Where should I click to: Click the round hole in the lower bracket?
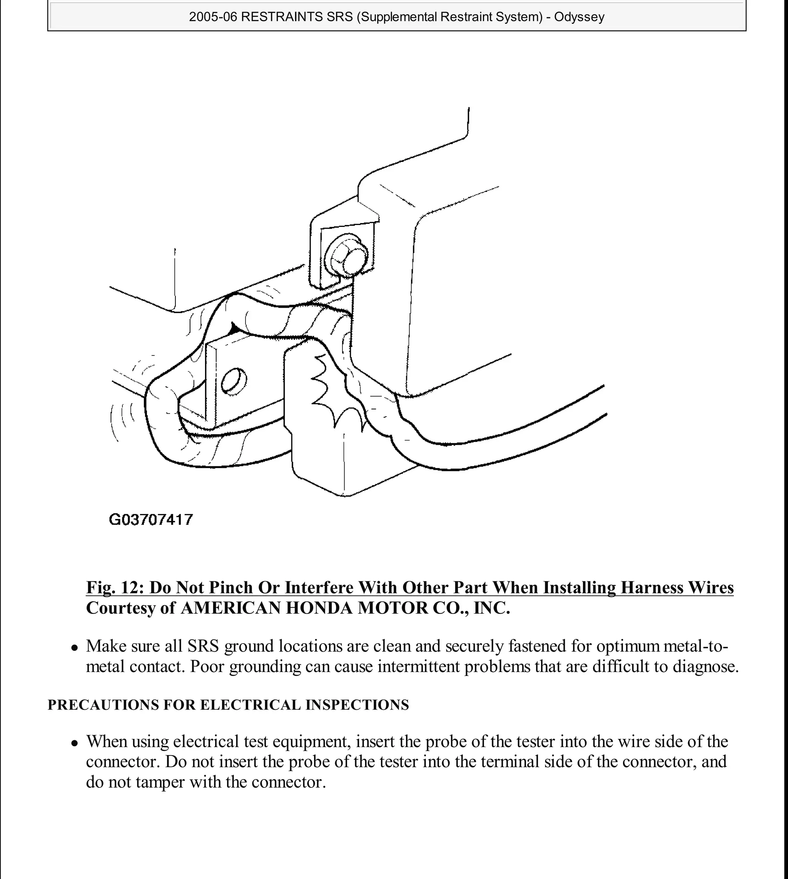point(234,380)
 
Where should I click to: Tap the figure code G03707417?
point(151,519)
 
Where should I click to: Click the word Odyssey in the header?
point(579,17)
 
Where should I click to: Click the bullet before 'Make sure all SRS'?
point(75,648)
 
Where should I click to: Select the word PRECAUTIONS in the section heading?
point(103,705)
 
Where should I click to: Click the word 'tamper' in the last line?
point(160,782)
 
